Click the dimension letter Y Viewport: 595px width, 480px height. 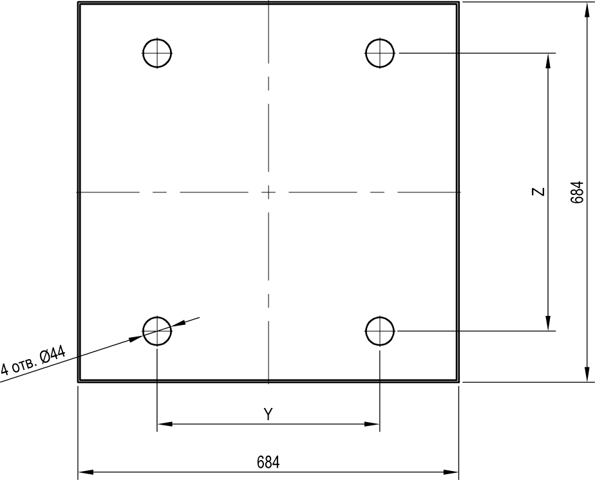click(269, 414)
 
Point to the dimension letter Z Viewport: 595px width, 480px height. click(538, 192)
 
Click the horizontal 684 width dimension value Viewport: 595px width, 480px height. click(269, 463)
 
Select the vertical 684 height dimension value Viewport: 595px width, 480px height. click(576, 192)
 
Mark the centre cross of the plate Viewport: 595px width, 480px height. click(269, 192)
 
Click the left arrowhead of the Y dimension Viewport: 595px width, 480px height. click(164, 423)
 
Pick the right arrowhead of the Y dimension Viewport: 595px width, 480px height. click(372, 423)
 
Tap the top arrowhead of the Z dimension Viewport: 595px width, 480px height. click(548, 61)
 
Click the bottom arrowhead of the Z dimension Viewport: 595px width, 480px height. click(548, 323)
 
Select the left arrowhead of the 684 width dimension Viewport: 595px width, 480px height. click(86, 472)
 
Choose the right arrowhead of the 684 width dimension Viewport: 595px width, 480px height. click(451, 472)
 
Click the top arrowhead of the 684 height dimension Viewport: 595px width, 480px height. click(587, 10)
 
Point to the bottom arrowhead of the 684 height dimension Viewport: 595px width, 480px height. click(587, 374)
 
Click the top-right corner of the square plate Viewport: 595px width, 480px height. click(458, 3)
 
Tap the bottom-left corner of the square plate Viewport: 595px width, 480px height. click(79, 382)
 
